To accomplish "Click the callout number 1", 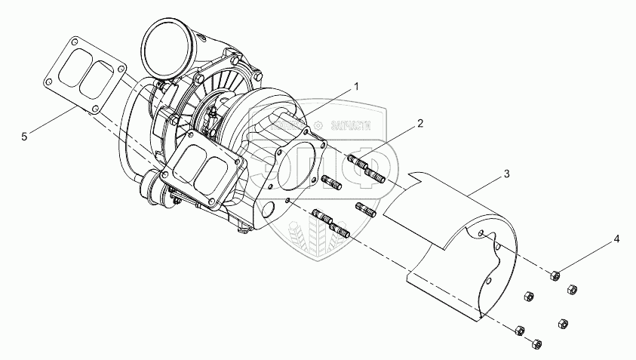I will (357, 87).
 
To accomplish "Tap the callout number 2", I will (419, 122).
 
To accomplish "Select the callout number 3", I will (506, 174).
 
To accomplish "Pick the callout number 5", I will (24, 137).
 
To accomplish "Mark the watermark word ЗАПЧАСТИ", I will (349, 128).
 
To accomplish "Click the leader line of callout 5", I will (53, 122).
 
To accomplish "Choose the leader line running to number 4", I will (585, 257).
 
